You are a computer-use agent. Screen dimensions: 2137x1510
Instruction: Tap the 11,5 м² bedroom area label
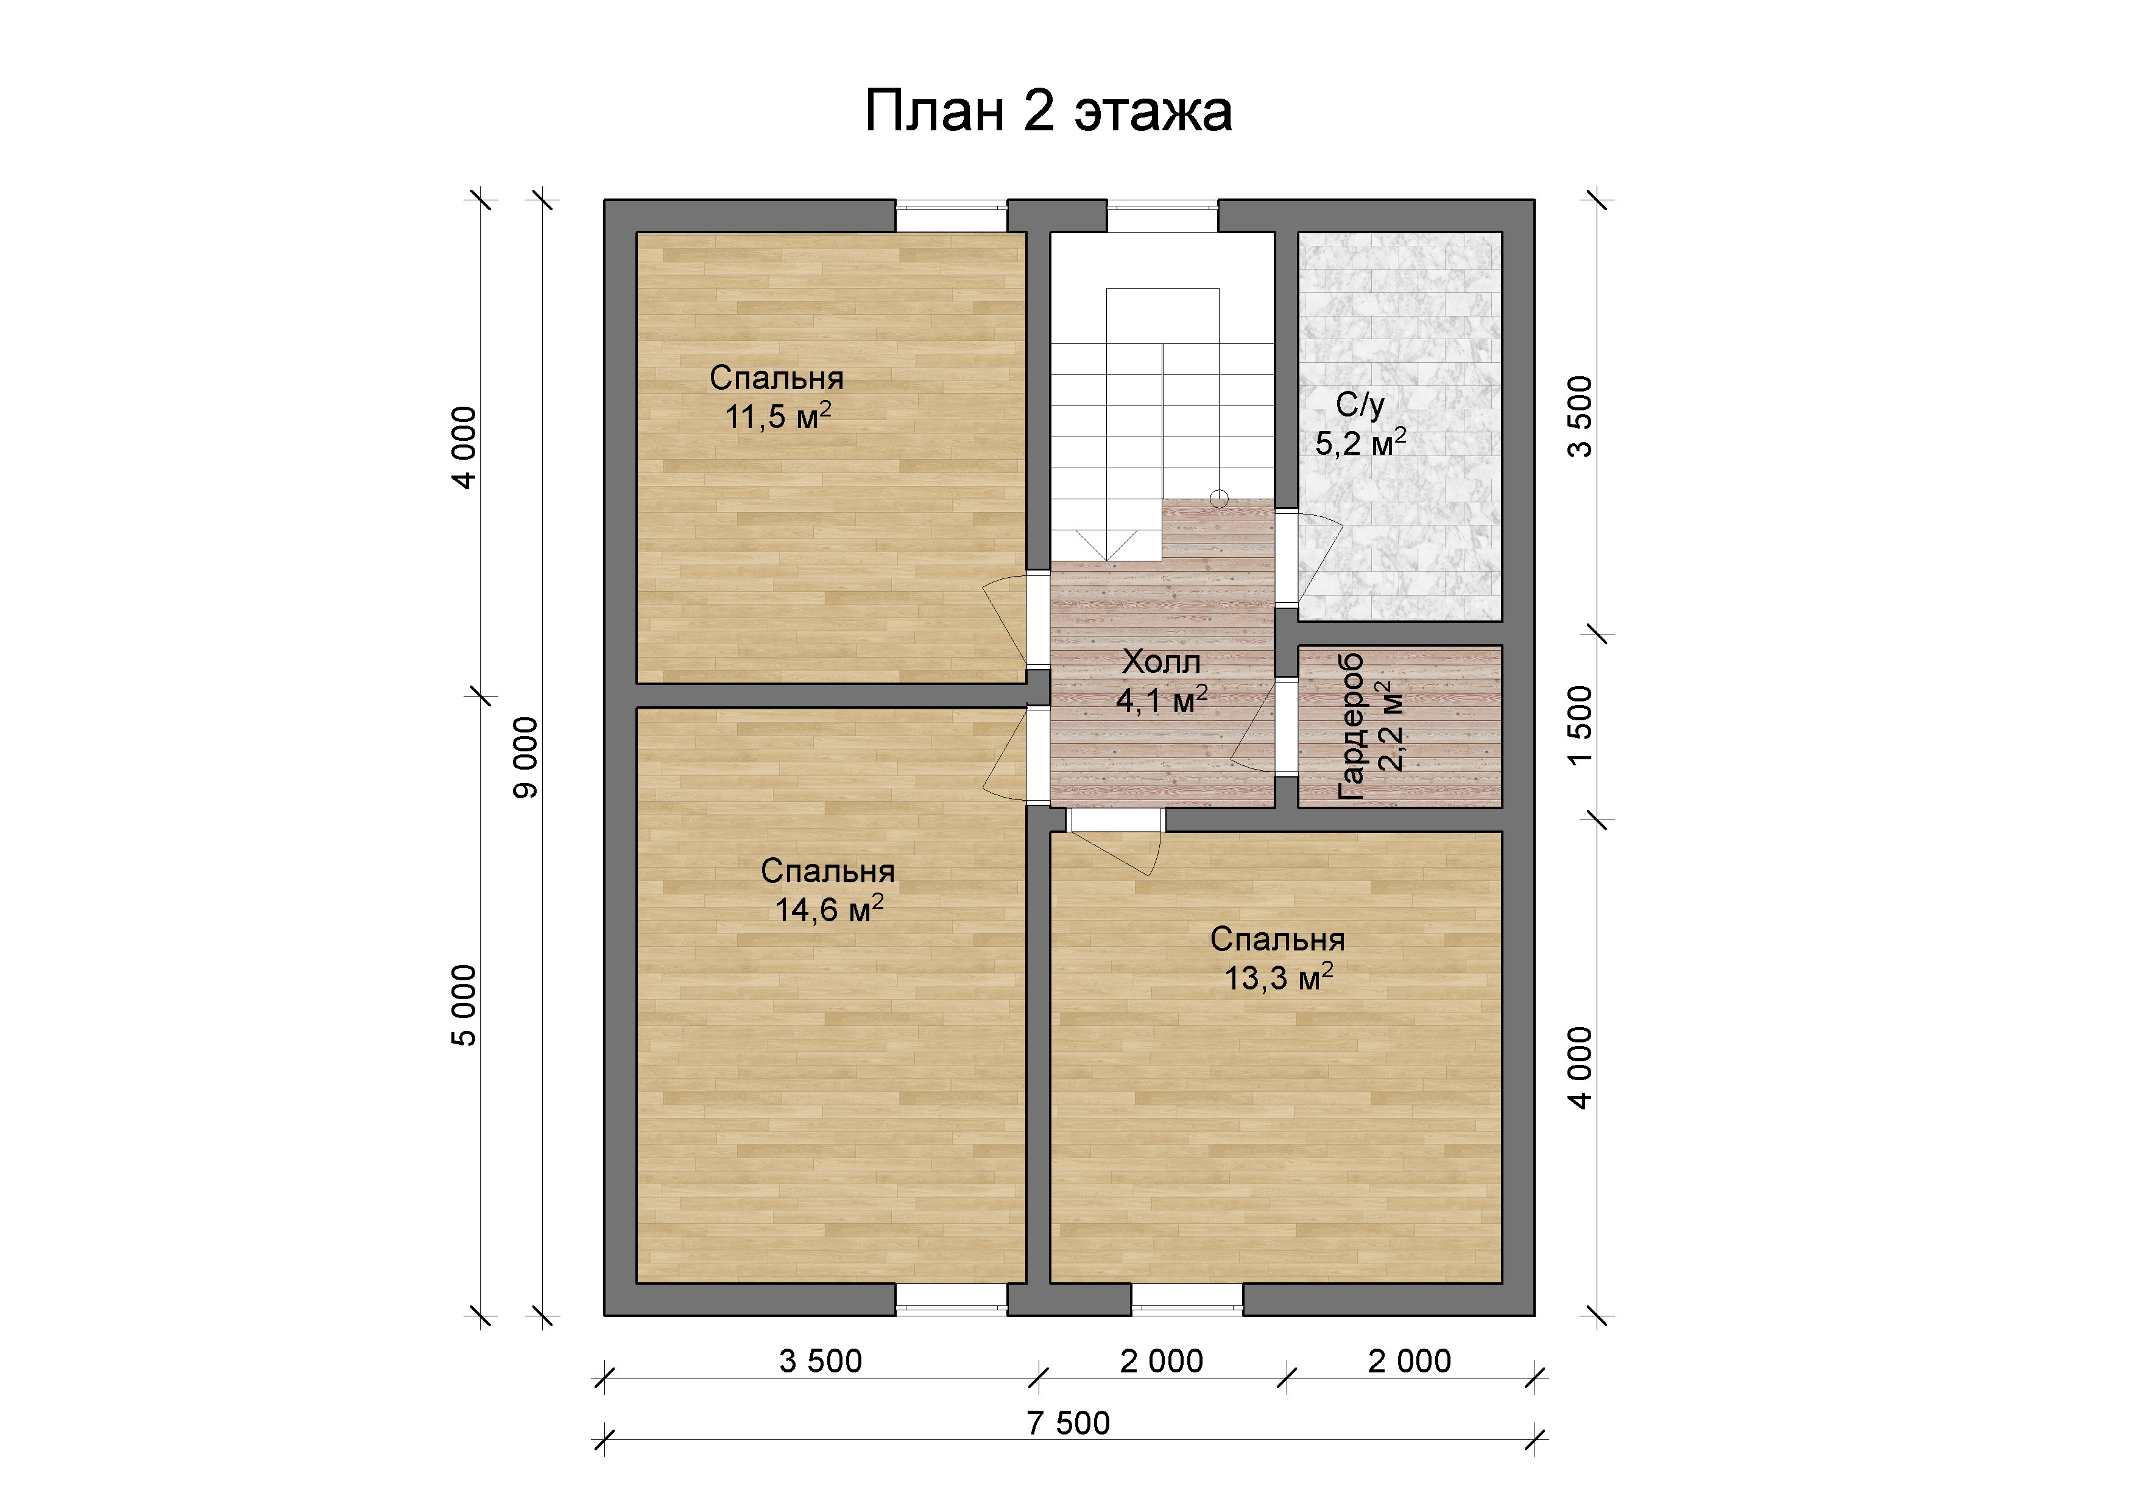pyautogui.click(x=778, y=416)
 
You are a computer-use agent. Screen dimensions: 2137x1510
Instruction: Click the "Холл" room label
pyautogui.click(x=1162, y=662)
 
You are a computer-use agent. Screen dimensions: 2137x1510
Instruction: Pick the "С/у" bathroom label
pyautogui.click(x=1360, y=405)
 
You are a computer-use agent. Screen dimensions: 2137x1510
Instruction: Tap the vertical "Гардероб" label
pyautogui.click(x=1351, y=726)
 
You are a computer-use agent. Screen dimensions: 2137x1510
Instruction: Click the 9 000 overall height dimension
pyautogui.click(x=526, y=757)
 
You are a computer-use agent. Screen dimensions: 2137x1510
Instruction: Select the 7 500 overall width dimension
pyautogui.click(x=1068, y=1424)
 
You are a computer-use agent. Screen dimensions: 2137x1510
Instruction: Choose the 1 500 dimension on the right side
pyautogui.click(x=1580, y=726)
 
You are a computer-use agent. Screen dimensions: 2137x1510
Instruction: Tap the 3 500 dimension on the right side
pyautogui.click(x=1580, y=417)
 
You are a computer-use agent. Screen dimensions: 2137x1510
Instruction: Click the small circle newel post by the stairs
pyautogui.click(x=1218, y=499)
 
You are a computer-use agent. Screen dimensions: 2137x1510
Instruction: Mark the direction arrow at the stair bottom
pyautogui.click(x=1107, y=545)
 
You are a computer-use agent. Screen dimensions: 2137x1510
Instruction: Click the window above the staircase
pyautogui.click(x=1162, y=215)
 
